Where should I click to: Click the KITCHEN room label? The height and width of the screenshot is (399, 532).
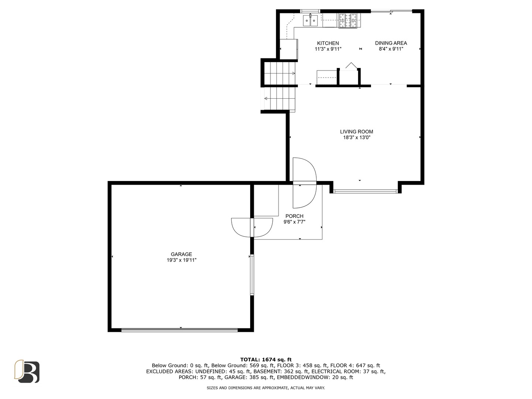[x=328, y=43]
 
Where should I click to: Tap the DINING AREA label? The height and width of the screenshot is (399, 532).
[x=391, y=43]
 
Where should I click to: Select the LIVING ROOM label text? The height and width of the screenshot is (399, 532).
[x=357, y=132]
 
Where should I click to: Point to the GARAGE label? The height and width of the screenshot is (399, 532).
[x=181, y=254]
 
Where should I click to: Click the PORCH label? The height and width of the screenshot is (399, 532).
[x=294, y=216]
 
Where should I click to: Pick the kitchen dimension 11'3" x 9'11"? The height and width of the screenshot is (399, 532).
[x=328, y=49]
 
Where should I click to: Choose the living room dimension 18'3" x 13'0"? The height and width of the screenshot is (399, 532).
[x=357, y=137]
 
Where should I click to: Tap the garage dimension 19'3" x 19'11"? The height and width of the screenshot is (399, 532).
[x=181, y=260]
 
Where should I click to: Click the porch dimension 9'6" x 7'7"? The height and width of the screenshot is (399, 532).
[x=294, y=222]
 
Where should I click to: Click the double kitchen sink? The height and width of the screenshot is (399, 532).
[x=310, y=20]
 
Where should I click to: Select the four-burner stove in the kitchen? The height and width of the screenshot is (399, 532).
[x=348, y=20]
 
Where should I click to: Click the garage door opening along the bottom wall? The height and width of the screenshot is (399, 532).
[x=179, y=330]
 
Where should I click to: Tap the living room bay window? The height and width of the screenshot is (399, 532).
[x=365, y=191]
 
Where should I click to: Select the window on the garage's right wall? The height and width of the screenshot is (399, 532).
[x=252, y=275]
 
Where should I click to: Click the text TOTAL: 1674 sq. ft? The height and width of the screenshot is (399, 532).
[x=266, y=359]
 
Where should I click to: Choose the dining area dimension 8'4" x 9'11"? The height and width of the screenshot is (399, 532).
[x=391, y=49]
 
